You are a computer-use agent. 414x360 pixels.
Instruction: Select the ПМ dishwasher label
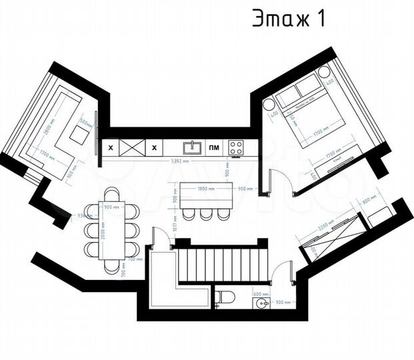point(214,147)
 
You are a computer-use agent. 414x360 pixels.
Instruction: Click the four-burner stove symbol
point(236,147)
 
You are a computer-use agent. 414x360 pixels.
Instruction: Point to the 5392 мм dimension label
point(180,162)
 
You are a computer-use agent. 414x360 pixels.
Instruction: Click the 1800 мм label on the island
point(205,189)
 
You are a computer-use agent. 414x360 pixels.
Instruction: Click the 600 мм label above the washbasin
point(261,294)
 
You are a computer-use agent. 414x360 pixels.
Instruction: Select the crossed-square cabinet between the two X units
point(133,147)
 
